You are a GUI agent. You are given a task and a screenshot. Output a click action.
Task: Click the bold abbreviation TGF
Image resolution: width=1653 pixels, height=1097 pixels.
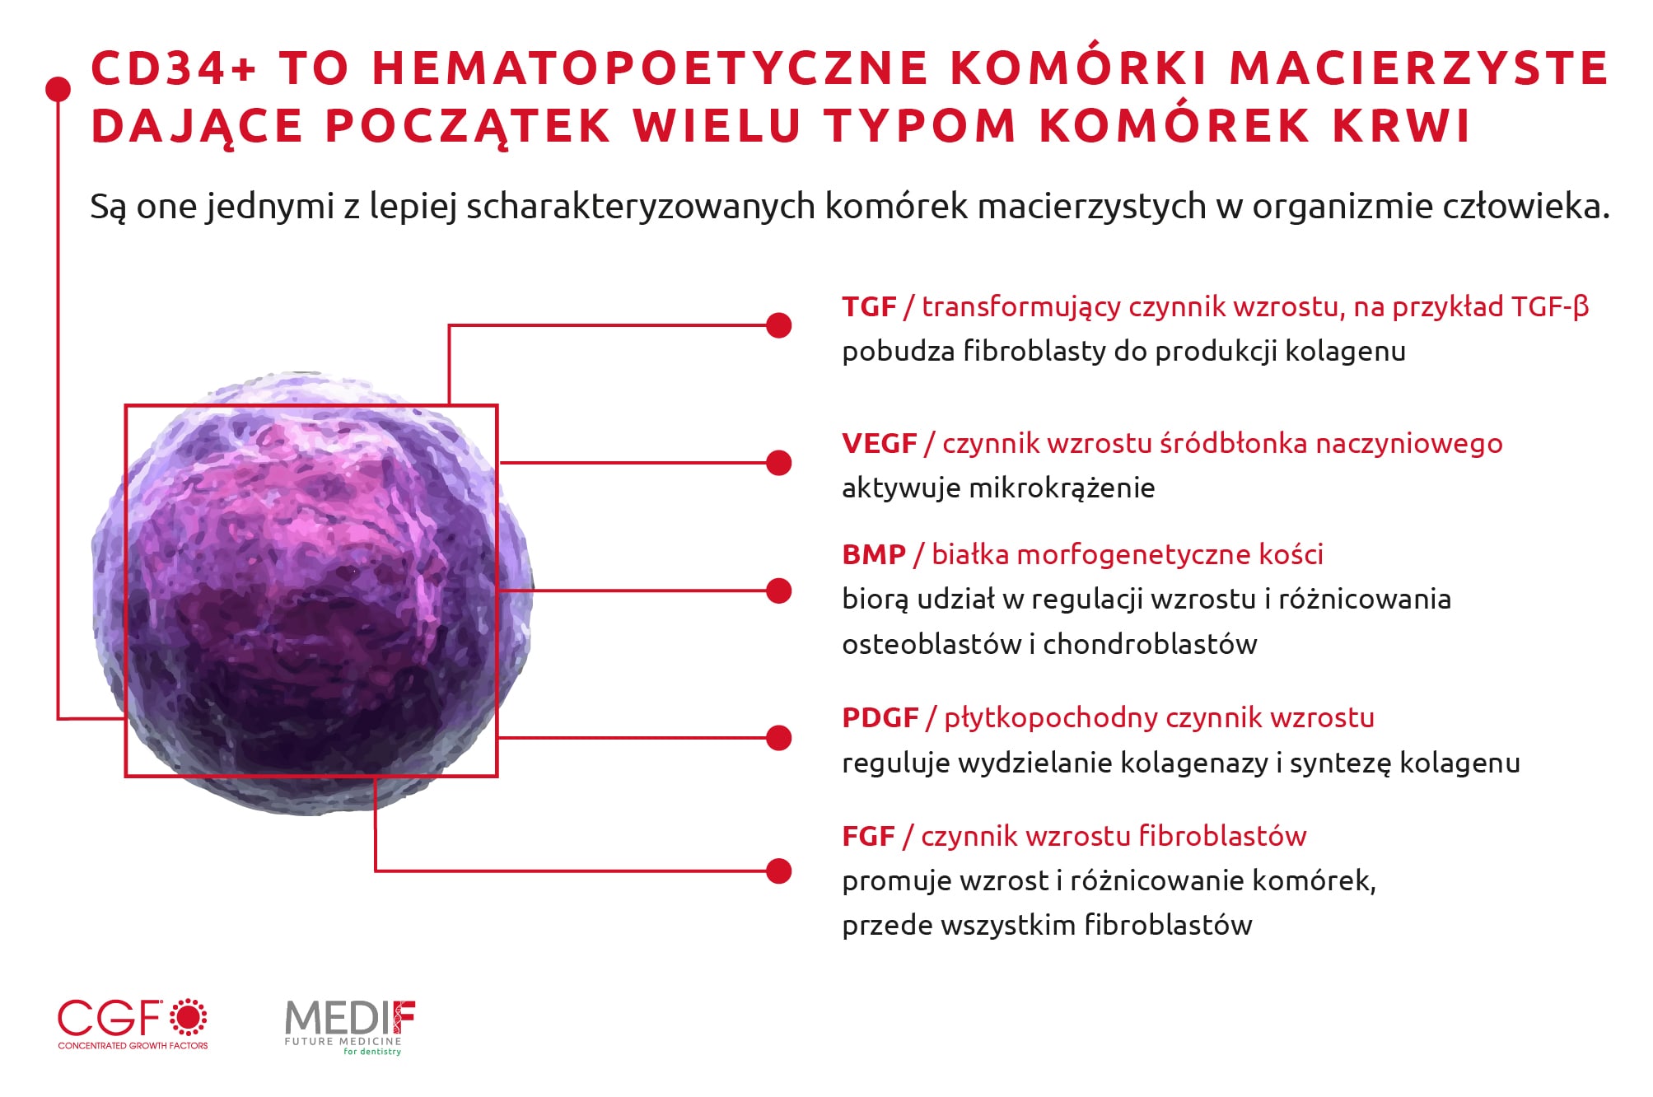click(x=869, y=307)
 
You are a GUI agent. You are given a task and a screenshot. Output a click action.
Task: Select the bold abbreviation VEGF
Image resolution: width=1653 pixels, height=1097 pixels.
click(x=879, y=444)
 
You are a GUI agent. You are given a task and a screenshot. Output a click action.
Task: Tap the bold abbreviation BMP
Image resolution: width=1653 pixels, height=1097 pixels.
click(x=874, y=555)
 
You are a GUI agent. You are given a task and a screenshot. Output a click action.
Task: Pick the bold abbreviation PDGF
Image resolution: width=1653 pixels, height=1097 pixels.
click(x=880, y=718)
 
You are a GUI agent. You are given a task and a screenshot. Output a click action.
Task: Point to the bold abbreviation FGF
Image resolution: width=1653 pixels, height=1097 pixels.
click(x=868, y=837)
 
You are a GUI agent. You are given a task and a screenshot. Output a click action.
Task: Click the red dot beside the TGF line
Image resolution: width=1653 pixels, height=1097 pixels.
click(x=778, y=325)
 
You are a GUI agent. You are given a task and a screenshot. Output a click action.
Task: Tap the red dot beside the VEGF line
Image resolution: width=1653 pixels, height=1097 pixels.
click(x=778, y=463)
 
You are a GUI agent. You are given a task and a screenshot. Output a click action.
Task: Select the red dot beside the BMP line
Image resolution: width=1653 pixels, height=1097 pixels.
click(x=778, y=591)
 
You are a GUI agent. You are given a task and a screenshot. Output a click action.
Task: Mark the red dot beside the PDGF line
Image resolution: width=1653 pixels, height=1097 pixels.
click(x=778, y=738)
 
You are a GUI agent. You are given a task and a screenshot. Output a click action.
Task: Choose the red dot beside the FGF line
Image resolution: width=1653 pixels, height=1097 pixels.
click(x=778, y=871)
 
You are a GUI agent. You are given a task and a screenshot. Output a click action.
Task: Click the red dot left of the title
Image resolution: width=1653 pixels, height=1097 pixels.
click(x=58, y=89)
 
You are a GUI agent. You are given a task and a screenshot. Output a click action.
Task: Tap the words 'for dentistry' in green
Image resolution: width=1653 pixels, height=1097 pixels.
click(x=372, y=1052)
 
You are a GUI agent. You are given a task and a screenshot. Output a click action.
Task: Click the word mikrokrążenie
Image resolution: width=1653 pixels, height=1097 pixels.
click(x=1062, y=488)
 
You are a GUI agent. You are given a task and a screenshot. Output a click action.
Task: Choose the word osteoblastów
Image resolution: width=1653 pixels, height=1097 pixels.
click(x=932, y=644)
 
